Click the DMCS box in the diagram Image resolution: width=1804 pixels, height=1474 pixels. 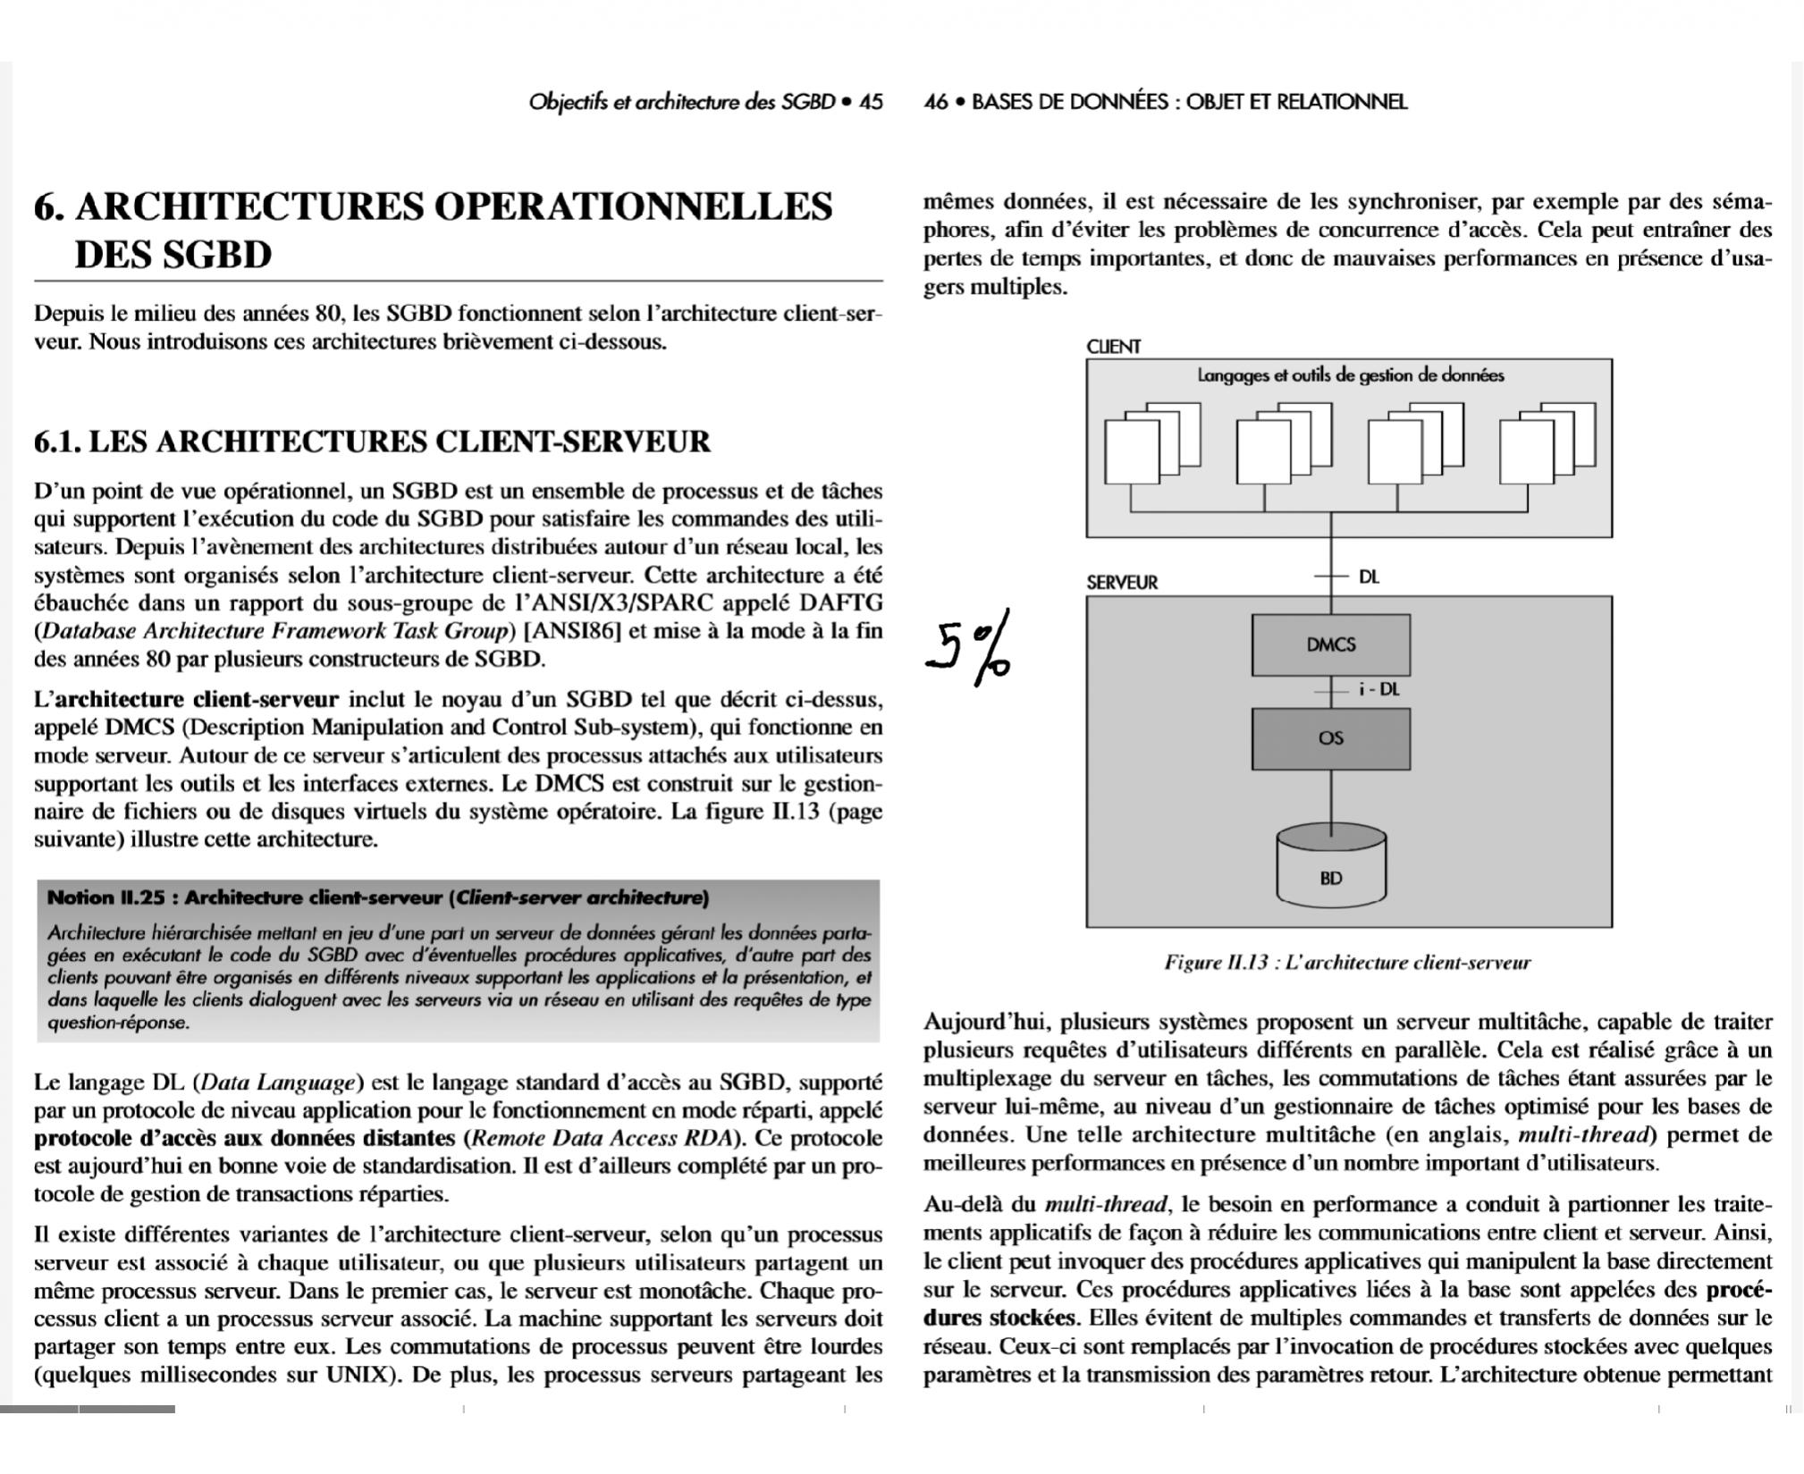(x=1330, y=644)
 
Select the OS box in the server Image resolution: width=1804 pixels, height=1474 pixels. (x=1330, y=738)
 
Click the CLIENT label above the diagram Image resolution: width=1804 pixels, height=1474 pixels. (x=1113, y=347)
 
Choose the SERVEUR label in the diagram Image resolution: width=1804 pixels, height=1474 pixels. (x=1122, y=583)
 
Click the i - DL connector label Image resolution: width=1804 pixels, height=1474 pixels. (x=1378, y=689)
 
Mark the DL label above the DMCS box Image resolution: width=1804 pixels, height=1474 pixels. (x=1369, y=577)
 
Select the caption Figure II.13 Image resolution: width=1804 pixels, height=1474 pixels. (x=1346, y=963)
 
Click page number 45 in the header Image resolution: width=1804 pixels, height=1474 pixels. (x=871, y=102)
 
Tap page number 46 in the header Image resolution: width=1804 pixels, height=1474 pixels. (x=935, y=102)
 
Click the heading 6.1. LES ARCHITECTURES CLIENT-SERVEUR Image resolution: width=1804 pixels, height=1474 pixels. (x=372, y=442)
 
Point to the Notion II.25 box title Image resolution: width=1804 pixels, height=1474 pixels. (x=378, y=897)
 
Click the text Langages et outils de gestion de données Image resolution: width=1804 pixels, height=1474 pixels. (x=1350, y=375)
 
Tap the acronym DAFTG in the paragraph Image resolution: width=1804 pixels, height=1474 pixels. (x=839, y=602)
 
